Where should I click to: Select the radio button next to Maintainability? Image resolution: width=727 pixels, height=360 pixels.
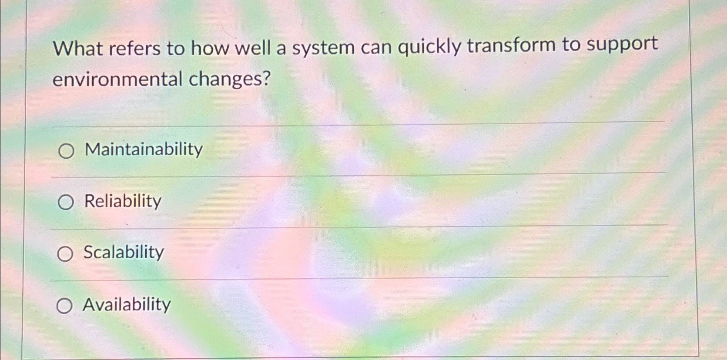click(x=66, y=151)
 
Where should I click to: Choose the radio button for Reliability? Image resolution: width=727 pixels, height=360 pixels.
click(x=65, y=202)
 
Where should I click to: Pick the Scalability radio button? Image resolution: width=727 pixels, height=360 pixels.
click(x=65, y=254)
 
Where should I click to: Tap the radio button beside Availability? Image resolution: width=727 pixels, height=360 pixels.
click(x=64, y=306)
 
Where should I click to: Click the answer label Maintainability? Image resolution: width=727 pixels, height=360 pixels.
click(x=144, y=150)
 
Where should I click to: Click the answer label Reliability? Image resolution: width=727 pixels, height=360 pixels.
click(x=123, y=201)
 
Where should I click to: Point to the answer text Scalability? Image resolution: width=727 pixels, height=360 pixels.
click(x=124, y=252)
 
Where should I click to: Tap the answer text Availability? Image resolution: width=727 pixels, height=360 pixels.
click(x=127, y=304)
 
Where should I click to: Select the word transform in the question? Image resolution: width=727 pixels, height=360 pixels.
click(x=511, y=45)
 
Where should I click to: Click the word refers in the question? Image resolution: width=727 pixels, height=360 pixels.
click(x=134, y=49)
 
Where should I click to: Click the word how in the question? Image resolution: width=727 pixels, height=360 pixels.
click(x=209, y=48)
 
